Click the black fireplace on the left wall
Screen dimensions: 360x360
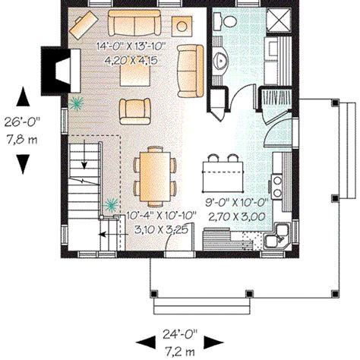pyautogui.click(x=58, y=66)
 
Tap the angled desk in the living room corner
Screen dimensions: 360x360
pyautogui.click(x=81, y=26)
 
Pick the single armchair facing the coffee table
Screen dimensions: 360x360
pyautogui.click(x=134, y=111)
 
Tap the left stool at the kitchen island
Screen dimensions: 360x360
pyautogui.click(x=211, y=161)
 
